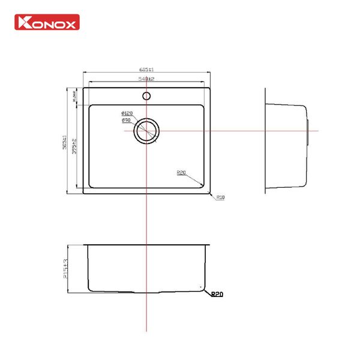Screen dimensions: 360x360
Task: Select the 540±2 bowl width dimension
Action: pos(146,79)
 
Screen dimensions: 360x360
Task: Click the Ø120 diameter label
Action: pos(126,113)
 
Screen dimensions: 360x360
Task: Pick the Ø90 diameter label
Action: pos(125,121)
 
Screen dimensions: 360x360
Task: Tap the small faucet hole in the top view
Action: pos(146,95)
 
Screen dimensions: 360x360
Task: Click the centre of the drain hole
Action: pos(146,131)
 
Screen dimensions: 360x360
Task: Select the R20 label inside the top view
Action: pos(182,173)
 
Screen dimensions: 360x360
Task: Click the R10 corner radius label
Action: pos(220,197)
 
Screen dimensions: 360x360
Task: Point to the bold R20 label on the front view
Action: pos(217,295)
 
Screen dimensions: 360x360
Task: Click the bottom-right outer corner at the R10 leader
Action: pos(209,193)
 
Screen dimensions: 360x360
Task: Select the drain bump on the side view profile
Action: pos(308,131)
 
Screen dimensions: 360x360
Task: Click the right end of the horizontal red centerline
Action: pos(318,131)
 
